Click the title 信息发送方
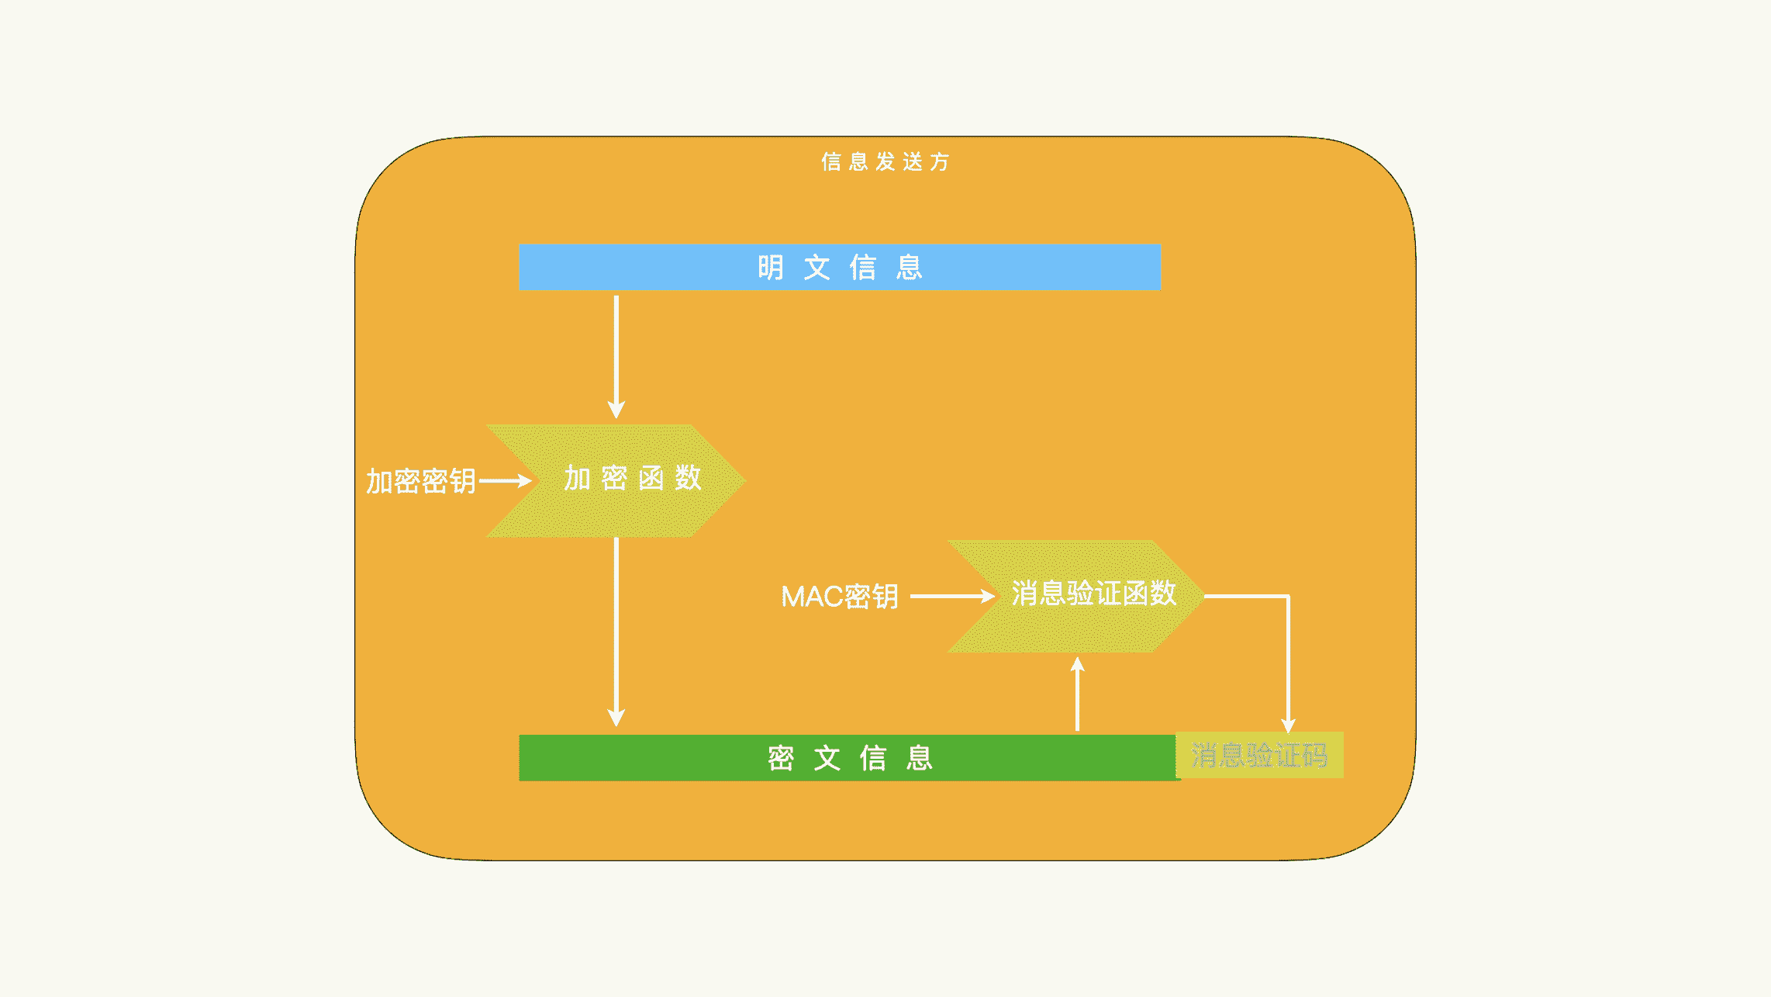(x=885, y=161)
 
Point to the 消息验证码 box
(x=1259, y=755)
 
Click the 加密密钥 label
(x=420, y=481)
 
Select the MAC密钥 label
(x=840, y=597)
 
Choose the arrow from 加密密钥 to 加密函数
(x=504, y=481)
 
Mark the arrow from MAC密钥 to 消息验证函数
(x=951, y=596)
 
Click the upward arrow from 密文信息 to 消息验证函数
(x=1077, y=694)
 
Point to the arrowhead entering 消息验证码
(x=1288, y=725)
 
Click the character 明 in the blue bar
(x=770, y=268)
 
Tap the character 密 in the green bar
(x=781, y=758)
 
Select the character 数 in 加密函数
(x=688, y=478)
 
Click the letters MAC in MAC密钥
(x=811, y=597)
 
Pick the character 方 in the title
(x=940, y=161)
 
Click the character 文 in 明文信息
(x=816, y=268)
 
